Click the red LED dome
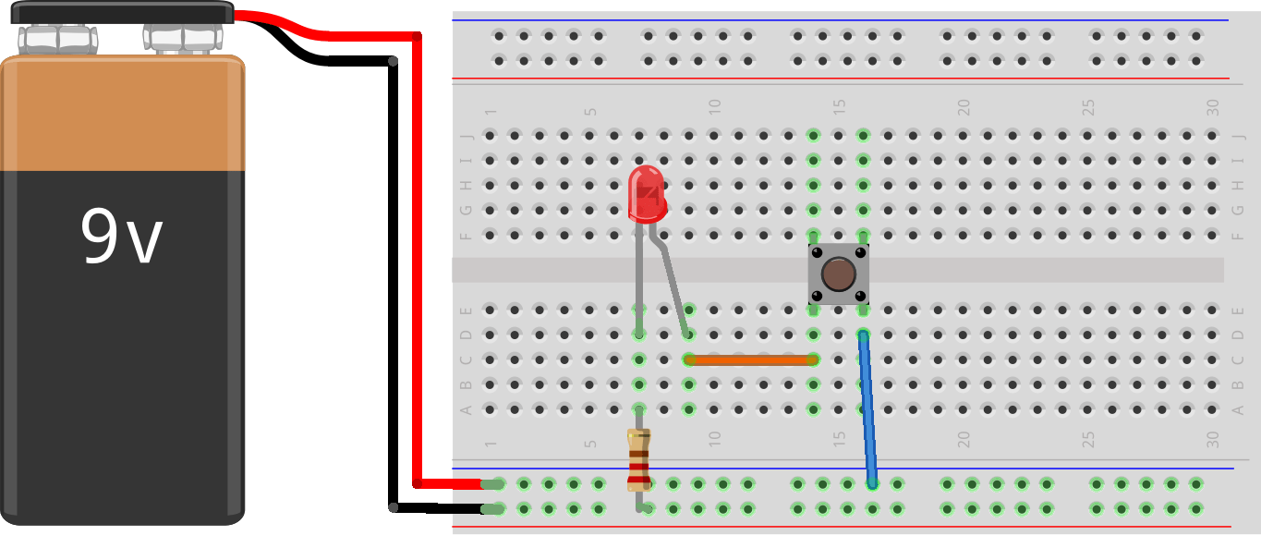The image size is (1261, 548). pos(646,192)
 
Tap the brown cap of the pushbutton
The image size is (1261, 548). pos(838,274)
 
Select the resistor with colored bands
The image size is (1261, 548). pos(638,459)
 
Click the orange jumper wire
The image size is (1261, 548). pos(750,359)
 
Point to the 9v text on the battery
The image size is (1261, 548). pos(121,237)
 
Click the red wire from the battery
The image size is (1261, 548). pos(417,259)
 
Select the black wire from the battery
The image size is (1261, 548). pos(394,277)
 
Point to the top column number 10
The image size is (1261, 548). pos(713,107)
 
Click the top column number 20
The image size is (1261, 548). pos(964,107)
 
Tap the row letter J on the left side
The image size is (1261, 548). pos(467,136)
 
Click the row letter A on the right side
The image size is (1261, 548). pos(1238,409)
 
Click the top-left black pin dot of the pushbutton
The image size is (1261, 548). pos(816,252)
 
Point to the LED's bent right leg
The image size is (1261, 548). pos(673,286)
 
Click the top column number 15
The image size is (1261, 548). pos(839,107)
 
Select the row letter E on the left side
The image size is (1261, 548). pos(467,311)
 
